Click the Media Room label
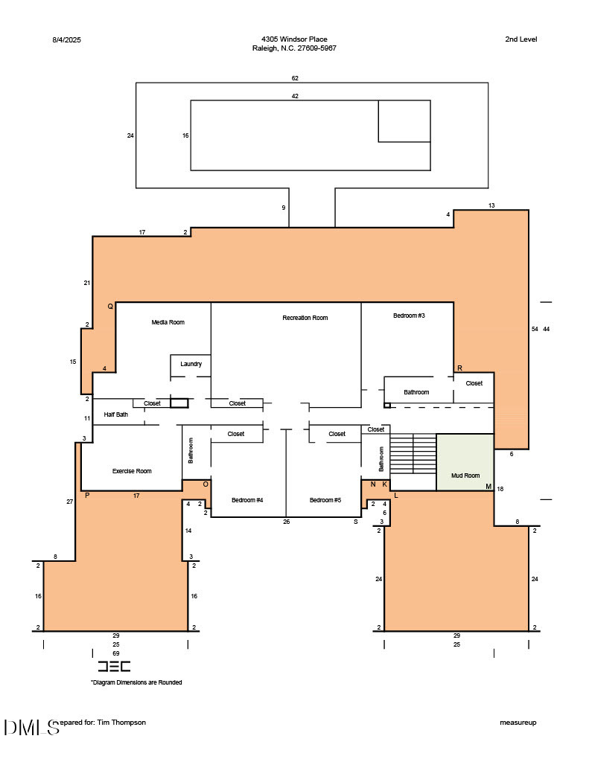[168, 322]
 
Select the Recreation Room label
[305, 318]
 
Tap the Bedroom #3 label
[409, 316]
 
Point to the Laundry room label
[191, 364]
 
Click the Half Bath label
[116, 414]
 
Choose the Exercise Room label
[132, 471]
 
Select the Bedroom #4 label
[247, 500]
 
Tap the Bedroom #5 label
[325, 500]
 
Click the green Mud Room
[465, 465]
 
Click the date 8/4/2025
[66, 39]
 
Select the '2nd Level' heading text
[520, 39]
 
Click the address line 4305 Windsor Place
[294, 39]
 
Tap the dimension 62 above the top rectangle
[295, 77]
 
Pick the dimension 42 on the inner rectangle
[295, 96]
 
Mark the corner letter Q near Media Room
[110, 306]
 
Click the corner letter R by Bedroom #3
[459, 368]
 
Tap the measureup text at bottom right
[518, 723]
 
